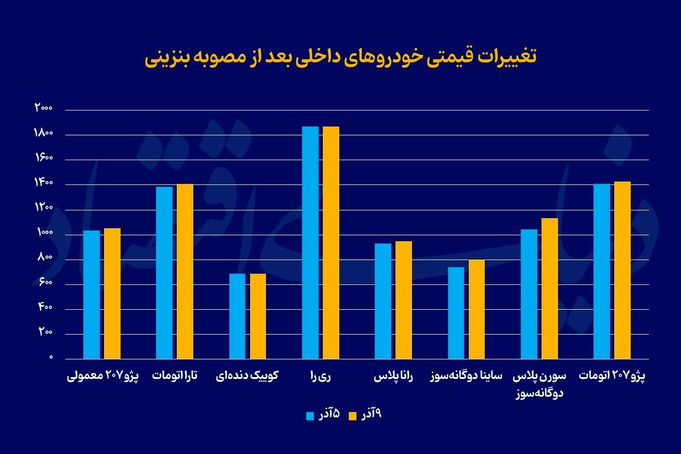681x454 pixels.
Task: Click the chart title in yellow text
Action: tap(340, 57)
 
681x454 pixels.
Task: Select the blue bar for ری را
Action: tap(310, 242)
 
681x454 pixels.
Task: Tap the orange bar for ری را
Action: tap(331, 242)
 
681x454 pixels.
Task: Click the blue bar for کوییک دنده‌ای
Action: tap(237, 316)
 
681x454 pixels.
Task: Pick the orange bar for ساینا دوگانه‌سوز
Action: tap(476, 309)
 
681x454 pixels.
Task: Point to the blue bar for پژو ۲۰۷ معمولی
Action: tap(92, 294)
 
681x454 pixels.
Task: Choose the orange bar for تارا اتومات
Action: tap(185, 271)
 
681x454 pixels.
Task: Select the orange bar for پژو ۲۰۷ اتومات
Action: tap(622, 270)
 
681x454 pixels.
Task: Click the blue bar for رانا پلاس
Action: tap(383, 301)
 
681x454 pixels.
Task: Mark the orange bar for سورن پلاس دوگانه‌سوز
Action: tap(550, 288)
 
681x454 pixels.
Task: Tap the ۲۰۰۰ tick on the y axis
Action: tap(44, 108)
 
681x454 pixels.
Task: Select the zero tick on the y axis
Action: tap(51, 358)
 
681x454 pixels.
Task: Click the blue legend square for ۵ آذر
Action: tap(310, 416)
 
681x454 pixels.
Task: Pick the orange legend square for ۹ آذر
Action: tap(353, 416)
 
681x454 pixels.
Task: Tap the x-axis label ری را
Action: tap(320, 376)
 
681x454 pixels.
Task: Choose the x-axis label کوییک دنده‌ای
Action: tap(247, 376)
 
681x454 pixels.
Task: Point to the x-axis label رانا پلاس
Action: tap(393, 376)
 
